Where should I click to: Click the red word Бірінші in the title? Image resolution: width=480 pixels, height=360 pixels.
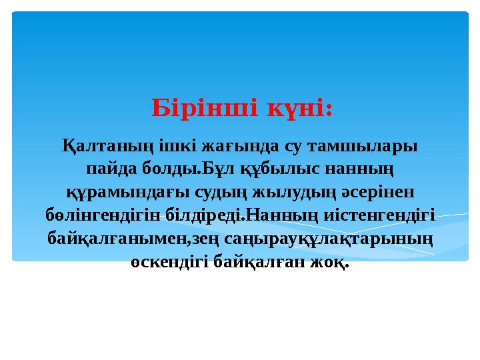[204, 107]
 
